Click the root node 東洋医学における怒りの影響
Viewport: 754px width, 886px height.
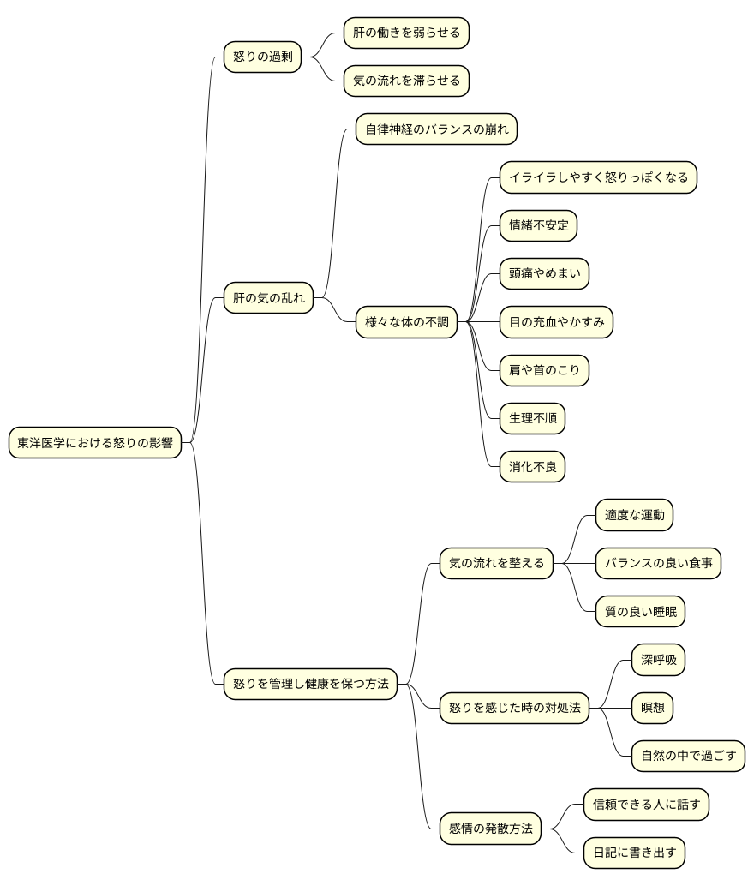coord(95,442)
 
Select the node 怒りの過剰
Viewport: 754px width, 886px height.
coord(263,57)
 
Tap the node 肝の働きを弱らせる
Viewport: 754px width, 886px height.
coord(406,33)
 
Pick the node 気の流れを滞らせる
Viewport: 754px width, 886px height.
coord(406,81)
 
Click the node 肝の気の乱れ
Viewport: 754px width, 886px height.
coord(268,298)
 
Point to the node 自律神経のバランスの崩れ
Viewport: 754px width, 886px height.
coord(436,129)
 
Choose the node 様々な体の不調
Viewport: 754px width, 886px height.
coord(406,322)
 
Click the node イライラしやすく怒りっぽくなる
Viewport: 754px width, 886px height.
coord(599,177)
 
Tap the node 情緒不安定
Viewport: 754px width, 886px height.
coord(539,225)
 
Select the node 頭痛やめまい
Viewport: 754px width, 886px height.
coord(544,273)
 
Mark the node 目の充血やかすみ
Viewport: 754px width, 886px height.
coord(557,322)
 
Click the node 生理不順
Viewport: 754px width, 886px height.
coord(532,418)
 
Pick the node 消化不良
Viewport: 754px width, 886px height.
coord(532,467)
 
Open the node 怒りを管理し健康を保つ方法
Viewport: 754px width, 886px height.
coord(311,684)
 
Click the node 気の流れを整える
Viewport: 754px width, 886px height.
coord(496,563)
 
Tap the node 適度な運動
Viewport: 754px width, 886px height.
coord(635,515)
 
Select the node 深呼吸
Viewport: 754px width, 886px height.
coord(659,660)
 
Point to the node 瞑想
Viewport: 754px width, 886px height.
coord(652,708)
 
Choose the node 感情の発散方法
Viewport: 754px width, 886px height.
coord(491,829)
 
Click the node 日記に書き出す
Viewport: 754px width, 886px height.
coord(635,853)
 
